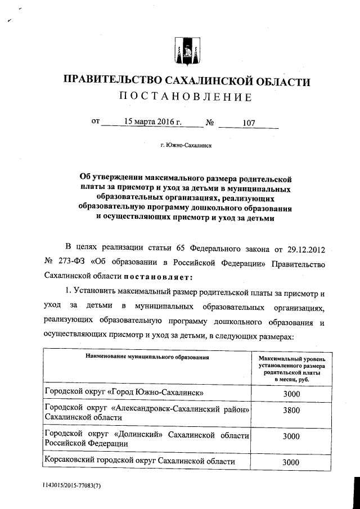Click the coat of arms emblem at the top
185,52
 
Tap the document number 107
249,121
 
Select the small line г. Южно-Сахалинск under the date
186,145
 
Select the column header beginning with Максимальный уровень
291,368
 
